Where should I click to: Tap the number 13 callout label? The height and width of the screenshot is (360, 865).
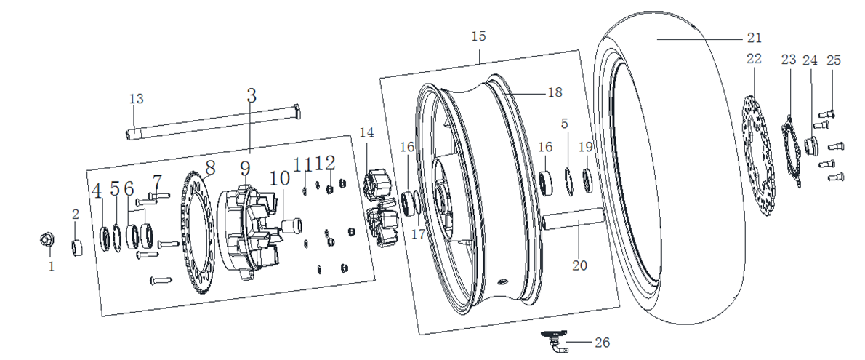pyautogui.click(x=137, y=99)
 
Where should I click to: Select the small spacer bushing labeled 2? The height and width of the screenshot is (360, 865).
pyautogui.click(x=77, y=247)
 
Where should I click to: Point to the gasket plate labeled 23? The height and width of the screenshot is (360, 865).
pyautogui.click(x=791, y=153)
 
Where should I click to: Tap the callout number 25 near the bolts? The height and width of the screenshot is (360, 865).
pyautogui.click(x=833, y=60)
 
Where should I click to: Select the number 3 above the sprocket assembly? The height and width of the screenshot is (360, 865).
pyautogui.click(x=252, y=95)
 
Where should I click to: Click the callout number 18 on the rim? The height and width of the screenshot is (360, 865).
pyautogui.click(x=555, y=92)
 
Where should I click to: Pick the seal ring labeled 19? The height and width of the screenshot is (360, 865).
pyautogui.click(x=587, y=179)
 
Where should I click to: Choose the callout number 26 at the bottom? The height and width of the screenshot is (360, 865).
pyautogui.click(x=602, y=342)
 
